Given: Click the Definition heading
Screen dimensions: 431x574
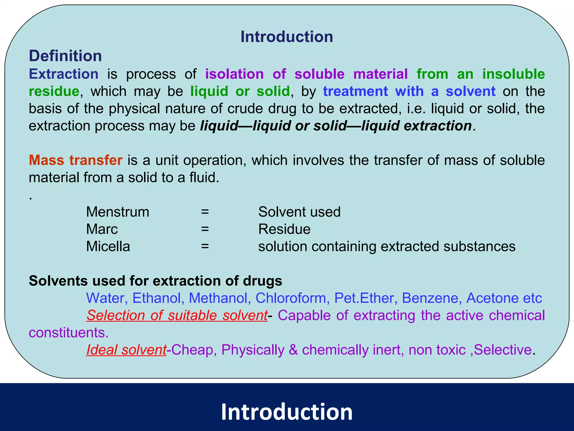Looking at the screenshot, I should tap(65, 56).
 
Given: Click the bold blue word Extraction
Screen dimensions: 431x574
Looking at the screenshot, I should tap(64, 74).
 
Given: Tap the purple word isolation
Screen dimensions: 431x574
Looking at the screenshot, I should tap(234, 74).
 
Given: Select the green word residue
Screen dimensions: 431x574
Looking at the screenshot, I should tap(54, 91).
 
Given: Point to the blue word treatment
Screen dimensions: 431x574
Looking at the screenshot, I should tap(355, 91).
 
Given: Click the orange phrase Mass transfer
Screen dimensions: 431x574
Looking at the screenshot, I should tap(76, 160).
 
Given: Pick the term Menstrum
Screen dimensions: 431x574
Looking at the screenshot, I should tap(117, 212).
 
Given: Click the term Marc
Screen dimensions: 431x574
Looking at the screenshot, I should tap(102, 229).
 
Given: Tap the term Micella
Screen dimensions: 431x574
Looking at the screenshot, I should tap(108, 246).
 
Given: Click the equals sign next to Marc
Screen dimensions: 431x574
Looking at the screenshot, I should tap(205, 229).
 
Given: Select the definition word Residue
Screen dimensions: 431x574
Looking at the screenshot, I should tap(284, 229).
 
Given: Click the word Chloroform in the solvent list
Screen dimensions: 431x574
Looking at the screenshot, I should tap(291, 298).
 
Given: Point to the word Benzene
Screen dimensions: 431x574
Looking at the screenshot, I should tap(431, 298).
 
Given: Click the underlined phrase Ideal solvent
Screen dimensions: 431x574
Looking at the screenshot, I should tap(126, 350).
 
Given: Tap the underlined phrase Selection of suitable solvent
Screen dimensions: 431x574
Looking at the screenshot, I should tap(177, 315).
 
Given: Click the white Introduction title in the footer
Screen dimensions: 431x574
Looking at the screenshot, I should tap(286, 412).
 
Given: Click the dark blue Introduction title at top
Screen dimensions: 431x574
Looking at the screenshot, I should tap(286, 37).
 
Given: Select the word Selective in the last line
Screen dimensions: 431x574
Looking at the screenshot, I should tap(503, 350).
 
